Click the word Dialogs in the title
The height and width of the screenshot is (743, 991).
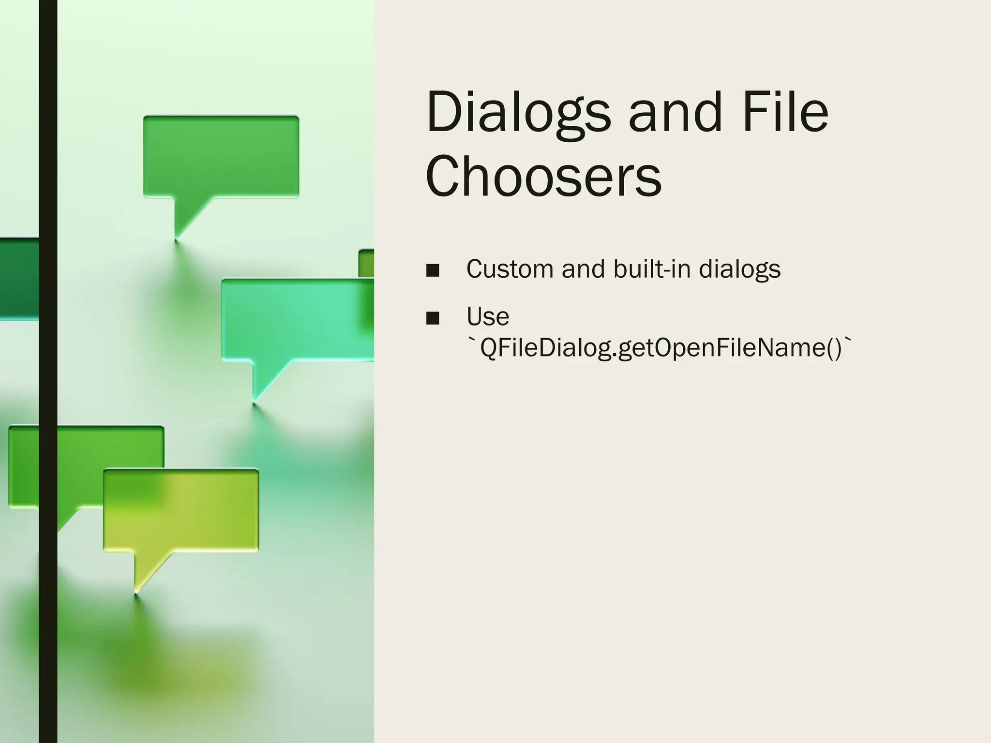[x=518, y=113]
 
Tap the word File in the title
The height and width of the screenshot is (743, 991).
[x=785, y=113]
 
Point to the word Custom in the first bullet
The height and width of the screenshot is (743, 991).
[x=510, y=269]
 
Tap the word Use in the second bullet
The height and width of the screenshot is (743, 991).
[x=488, y=317]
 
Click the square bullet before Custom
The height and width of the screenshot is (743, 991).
[x=433, y=270]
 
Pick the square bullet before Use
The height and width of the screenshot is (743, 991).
[x=433, y=318]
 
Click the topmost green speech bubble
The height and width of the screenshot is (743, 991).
[x=221, y=156]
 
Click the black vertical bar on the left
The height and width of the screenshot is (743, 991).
[x=48, y=371]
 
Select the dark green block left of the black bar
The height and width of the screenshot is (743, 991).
[x=19, y=279]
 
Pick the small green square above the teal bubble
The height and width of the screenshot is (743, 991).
[x=366, y=263]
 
